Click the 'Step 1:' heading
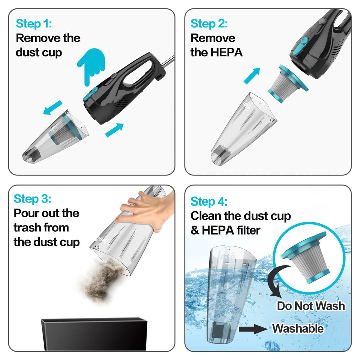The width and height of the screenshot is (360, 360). [x=34, y=24]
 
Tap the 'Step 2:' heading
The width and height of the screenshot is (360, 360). [x=209, y=24]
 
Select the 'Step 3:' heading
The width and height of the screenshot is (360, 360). [x=32, y=199]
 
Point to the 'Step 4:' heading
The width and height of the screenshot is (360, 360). [x=209, y=202]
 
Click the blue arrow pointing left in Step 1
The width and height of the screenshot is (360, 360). [x=52, y=108]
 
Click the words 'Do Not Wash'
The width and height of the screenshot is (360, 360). [x=311, y=306]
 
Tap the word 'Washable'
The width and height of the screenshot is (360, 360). [x=298, y=328]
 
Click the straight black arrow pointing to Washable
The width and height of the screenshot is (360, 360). [x=252, y=329]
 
